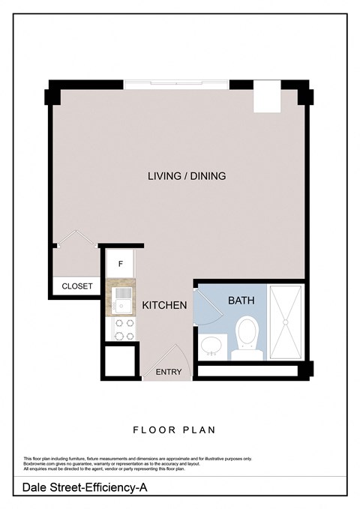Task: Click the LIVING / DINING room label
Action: click(x=187, y=176)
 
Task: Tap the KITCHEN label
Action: click(x=164, y=305)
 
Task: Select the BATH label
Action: click(x=241, y=300)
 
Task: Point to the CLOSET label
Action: click(x=77, y=286)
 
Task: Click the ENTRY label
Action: click(x=168, y=373)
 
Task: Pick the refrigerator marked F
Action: click(x=121, y=265)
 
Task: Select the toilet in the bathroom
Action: click(x=246, y=334)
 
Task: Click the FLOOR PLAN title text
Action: click(x=174, y=430)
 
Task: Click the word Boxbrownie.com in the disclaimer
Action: click(x=39, y=464)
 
